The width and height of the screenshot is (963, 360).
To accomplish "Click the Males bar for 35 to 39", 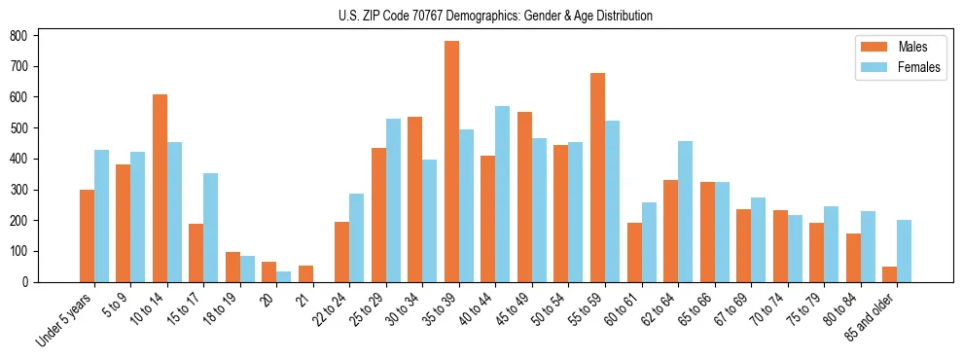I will coord(452,162).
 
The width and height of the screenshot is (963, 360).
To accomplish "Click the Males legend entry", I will coord(894,47).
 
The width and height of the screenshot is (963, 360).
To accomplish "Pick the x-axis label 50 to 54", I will coord(550,307).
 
